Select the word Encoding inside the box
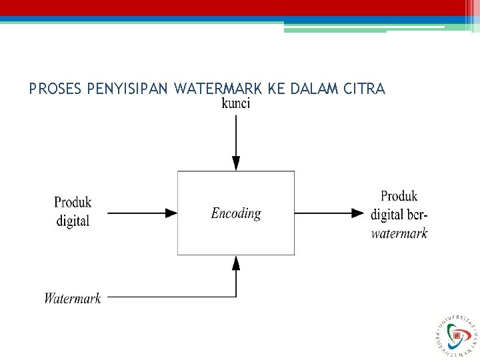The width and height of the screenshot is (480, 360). (x=236, y=213)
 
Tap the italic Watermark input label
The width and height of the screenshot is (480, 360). (x=73, y=298)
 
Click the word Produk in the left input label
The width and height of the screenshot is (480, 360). (x=73, y=201)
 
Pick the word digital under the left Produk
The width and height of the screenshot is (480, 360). (x=73, y=221)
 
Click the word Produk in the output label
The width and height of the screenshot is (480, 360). (x=399, y=196)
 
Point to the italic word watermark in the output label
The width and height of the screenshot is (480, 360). (x=399, y=233)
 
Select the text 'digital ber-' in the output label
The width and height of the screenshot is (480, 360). (x=399, y=215)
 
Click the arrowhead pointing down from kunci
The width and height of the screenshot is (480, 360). (x=235, y=163)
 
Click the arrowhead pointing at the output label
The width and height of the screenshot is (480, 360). (x=357, y=213)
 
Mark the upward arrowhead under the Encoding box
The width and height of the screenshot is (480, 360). (x=235, y=263)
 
